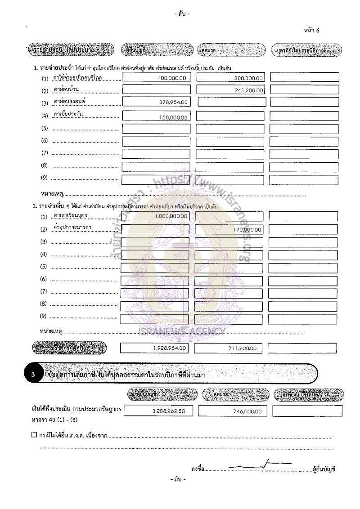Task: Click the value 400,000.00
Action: tap(171, 77)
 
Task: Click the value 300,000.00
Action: tap(249, 78)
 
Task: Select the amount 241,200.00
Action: tap(249, 90)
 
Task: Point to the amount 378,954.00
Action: tap(174, 103)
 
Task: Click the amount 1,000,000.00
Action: tap(171, 216)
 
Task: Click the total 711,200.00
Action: tap(241, 348)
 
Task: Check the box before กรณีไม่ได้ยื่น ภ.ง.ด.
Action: tap(34, 435)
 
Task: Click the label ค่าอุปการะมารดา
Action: tap(72, 228)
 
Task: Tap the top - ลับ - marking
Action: tap(181, 14)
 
